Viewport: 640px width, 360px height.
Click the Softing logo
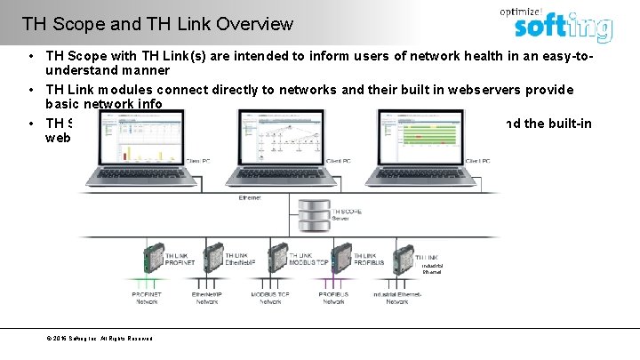(x=564, y=28)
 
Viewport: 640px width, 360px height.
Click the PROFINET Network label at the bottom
(x=147, y=297)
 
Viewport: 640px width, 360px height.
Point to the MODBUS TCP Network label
(x=270, y=297)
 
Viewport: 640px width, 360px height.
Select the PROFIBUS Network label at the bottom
(x=333, y=297)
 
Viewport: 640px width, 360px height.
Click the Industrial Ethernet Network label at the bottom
(x=396, y=297)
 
